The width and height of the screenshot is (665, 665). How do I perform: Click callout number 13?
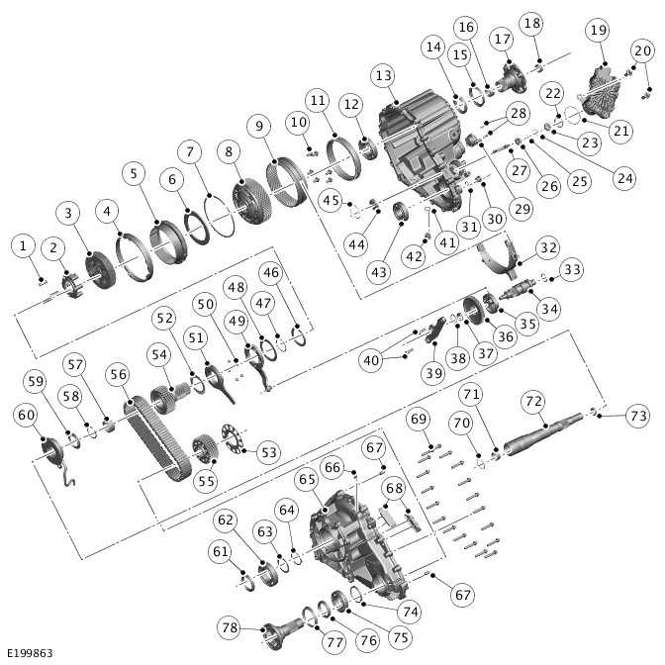click(x=384, y=76)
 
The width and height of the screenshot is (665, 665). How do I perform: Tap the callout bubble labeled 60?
click(x=26, y=416)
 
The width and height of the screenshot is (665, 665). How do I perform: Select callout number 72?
click(x=534, y=402)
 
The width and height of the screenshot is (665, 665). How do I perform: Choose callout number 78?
click(x=231, y=627)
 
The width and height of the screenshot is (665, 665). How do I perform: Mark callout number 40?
click(x=371, y=361)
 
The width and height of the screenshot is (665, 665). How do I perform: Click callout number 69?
click(x=418, y=419)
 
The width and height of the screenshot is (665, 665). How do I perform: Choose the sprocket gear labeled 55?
click(x=208, y=454)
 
